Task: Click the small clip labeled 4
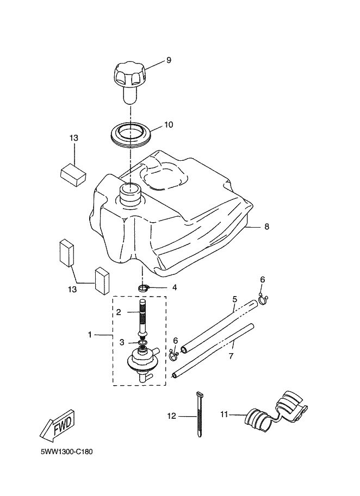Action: pos(144,288)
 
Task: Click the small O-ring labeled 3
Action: pos(143,343)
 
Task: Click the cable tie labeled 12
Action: pos(199,415)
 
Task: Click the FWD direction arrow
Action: pos(57,425)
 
